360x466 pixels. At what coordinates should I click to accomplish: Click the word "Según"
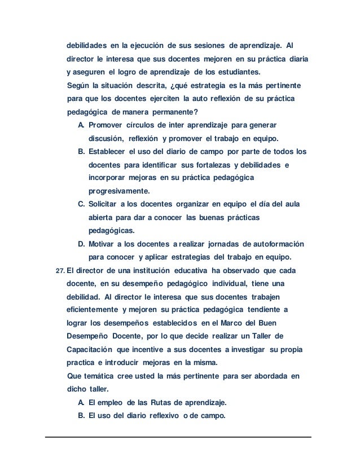pos(78,86)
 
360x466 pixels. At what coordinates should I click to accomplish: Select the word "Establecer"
pos(108,152)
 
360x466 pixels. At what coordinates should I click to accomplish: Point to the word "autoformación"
pos(273,244)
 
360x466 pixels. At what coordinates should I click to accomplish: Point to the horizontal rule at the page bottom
pos(179,437)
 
